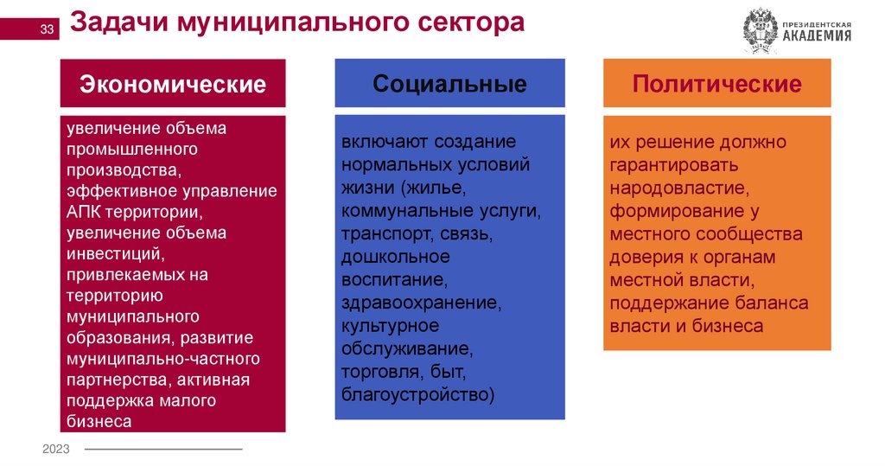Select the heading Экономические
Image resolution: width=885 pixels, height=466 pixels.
tap(173, 84)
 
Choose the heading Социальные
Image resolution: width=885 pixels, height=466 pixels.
tap(449, 84)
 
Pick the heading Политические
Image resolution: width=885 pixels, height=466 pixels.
tap(716, 84)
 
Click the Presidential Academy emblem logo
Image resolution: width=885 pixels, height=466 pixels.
tap(761, 31)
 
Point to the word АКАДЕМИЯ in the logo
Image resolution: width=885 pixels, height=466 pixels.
tap(817, 36)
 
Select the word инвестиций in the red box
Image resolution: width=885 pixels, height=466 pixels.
tap(113, 253)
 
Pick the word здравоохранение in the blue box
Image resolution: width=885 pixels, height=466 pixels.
tap(419, 303)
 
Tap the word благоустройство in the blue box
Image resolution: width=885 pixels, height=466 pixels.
tap(416, 395)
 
